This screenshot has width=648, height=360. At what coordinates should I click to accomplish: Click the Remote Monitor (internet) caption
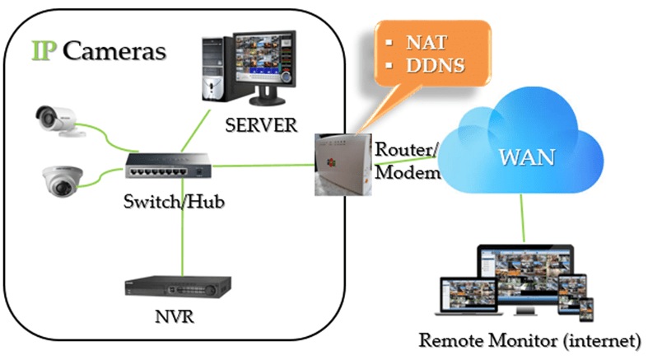(529, 339)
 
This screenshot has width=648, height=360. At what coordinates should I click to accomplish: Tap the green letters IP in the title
(44, 50)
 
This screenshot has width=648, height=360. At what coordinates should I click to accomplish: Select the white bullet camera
(60, 121)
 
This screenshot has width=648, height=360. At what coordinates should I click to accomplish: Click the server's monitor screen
(263, 61)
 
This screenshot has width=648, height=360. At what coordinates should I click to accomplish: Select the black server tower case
(217, 69)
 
